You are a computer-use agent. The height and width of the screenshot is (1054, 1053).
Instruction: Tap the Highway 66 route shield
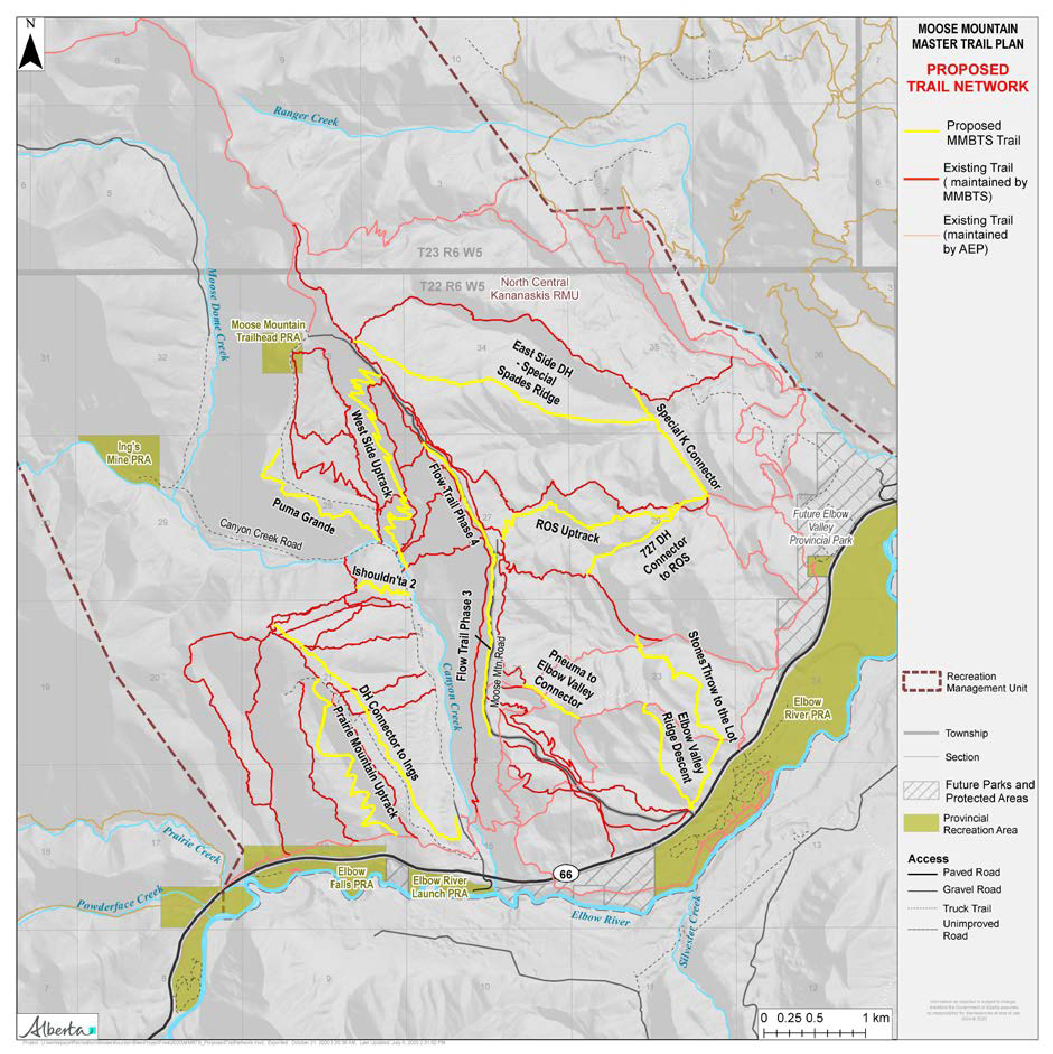(565, 874)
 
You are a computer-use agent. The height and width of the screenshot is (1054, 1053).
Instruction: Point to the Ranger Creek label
(306, 116)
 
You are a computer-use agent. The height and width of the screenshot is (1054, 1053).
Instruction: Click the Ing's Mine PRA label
(129, 453)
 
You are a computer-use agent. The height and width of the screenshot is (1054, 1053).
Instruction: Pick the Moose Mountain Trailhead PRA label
(268, 331)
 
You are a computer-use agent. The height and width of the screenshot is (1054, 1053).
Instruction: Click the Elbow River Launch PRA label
(439, 887)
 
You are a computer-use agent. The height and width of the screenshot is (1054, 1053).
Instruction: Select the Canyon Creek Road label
(261, 534)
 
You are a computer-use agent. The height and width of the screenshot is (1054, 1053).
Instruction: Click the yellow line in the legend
(921, 131)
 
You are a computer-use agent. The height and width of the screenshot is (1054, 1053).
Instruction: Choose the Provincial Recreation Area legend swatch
(921, 823)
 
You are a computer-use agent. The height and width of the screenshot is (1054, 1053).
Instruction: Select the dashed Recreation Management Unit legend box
(921, 681)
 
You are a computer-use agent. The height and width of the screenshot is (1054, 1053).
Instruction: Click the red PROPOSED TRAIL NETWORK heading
(967, 78)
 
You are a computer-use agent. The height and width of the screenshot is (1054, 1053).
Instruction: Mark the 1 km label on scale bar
(876, 1018)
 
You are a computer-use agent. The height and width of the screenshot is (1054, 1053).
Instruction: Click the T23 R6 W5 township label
(450, 253)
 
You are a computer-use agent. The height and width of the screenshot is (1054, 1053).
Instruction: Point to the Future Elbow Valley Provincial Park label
(820, 527)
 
